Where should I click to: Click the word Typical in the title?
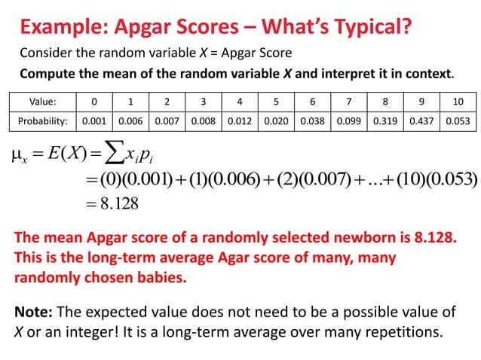[x=375, y=29]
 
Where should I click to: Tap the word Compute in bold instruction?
[x=45, y=75]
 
